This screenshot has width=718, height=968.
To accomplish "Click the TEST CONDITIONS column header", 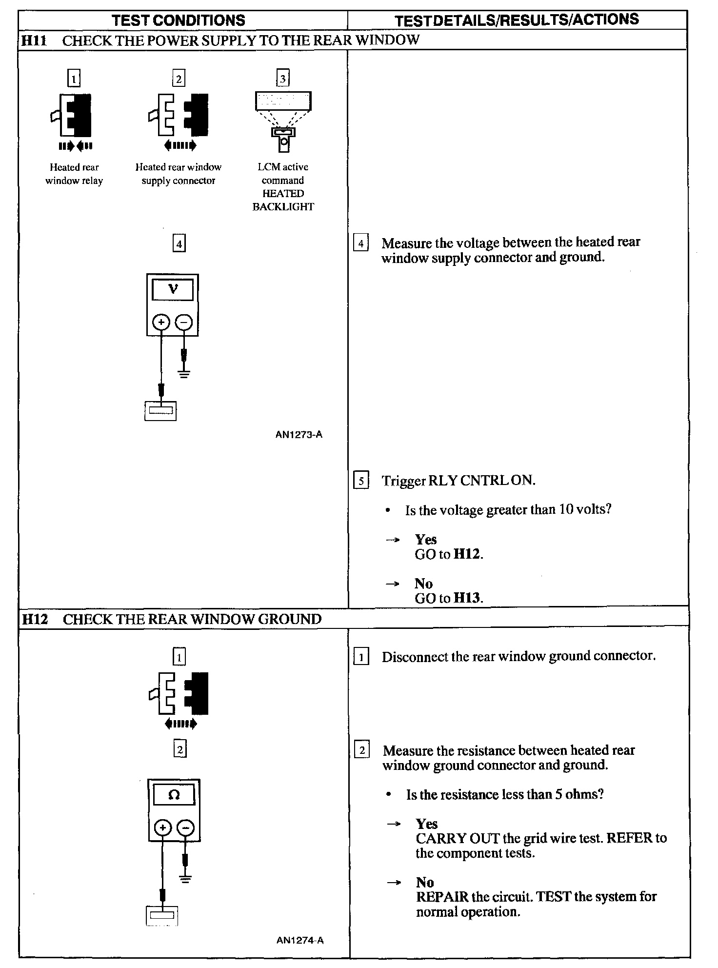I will pos(179,20).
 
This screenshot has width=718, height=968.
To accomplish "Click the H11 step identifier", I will pos(34,40).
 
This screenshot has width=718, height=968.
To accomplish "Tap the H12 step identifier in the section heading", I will pos(35,619).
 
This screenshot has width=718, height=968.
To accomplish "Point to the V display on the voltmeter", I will pos(173,290).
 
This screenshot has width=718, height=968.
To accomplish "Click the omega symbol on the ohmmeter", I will pos(174,795).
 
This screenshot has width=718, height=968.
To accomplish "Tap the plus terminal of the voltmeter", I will pos(161,322).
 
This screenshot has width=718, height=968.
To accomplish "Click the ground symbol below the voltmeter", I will pos(184,375).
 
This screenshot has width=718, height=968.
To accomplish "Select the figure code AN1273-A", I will pos(299,435).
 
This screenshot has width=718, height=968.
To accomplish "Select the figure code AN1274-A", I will pos(299,940).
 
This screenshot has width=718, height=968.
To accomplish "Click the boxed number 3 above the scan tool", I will pos(283,79).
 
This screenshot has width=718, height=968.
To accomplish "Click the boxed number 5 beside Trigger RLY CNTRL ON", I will pos(361,481).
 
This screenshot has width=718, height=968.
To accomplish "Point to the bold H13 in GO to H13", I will pos(467,598).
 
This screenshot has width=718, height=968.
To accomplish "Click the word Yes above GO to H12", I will pos(426,540).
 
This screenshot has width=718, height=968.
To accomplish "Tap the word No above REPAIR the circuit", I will pos(425,882).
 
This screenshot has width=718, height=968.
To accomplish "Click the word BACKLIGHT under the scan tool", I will pos(283,207).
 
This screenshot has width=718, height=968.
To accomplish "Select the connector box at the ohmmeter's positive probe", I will pos(161,916).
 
